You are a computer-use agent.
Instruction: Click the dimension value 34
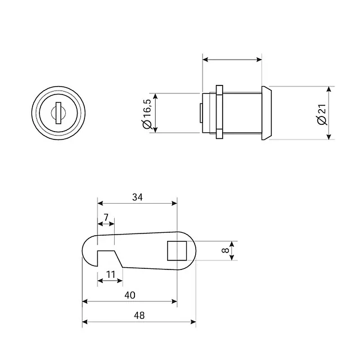click(137, 197)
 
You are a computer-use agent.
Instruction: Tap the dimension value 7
click(106, 217)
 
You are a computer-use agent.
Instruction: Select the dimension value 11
click(111, 274)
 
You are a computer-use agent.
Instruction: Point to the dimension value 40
click(130, 295)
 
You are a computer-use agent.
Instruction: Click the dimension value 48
click(139, 316)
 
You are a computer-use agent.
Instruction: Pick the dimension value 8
click(226, 250)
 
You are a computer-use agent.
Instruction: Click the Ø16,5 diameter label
click(147, 114)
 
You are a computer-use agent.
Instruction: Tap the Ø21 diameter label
click(321, 115)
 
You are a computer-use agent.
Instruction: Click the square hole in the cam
click(177, 251)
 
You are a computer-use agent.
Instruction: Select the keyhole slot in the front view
click(58, 113)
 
